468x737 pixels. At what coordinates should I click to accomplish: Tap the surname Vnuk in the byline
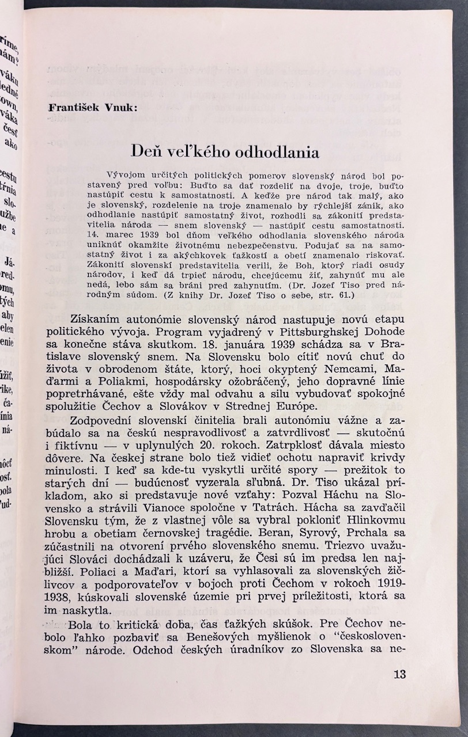pyautogui.click(x=118, y=107)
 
